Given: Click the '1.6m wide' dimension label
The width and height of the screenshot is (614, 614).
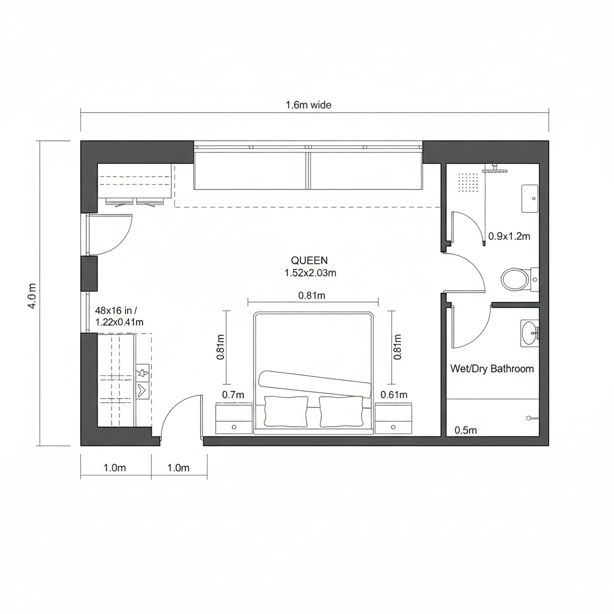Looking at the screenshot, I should (x=308, y=105).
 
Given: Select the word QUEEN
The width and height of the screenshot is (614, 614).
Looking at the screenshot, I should (x=309, y=260).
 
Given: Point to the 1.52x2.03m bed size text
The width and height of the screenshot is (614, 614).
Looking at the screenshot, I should (x=310, y=273).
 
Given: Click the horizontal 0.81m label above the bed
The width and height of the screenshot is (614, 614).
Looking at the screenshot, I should (x=312, y=295).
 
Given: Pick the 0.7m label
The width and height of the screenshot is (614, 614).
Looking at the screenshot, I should (x=233, y=395).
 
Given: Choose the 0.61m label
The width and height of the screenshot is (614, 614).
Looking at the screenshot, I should (x=394, y=395).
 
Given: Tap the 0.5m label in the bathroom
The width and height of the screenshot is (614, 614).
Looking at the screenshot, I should (x=465, y=430).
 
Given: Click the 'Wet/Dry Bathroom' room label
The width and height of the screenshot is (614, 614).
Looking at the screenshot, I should (x=492, y=369).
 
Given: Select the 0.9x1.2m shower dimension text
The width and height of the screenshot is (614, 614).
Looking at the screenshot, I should (x=509, y=236).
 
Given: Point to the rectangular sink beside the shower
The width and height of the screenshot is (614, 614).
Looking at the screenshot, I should (x=529, y=198).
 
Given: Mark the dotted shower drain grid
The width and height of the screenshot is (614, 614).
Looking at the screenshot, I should (x=468, y=182).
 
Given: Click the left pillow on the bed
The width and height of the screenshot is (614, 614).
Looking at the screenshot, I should (x=286, y=411).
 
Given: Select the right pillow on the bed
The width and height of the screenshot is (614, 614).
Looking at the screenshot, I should (x=341, y=411).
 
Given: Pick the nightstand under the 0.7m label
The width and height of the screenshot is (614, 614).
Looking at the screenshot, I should (x=233, y=419).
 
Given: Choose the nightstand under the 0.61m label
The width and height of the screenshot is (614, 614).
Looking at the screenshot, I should (x=393, y=419).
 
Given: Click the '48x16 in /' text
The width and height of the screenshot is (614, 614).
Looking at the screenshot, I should (x=116, y=311).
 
